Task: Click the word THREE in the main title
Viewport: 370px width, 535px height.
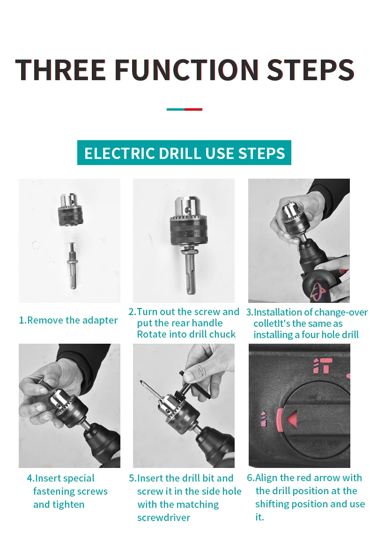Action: [60, 70]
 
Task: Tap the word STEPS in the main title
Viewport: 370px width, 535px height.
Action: [311, 70]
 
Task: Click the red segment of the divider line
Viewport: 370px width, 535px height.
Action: [193, 110]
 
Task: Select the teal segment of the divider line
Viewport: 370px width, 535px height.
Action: [176, 110]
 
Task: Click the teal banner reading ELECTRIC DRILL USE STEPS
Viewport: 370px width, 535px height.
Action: [185, 153]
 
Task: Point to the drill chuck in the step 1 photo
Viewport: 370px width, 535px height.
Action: [71, 210]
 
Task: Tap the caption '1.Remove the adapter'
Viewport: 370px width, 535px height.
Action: [68, 320]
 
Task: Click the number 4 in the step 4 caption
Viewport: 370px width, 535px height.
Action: [30, 478]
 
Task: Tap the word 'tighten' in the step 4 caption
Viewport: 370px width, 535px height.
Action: [68, 505]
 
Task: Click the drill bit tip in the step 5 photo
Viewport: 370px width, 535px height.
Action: [141, 382]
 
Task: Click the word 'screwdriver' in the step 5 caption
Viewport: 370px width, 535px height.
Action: [164, 518]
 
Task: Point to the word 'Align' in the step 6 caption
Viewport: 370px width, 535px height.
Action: [266, 478]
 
